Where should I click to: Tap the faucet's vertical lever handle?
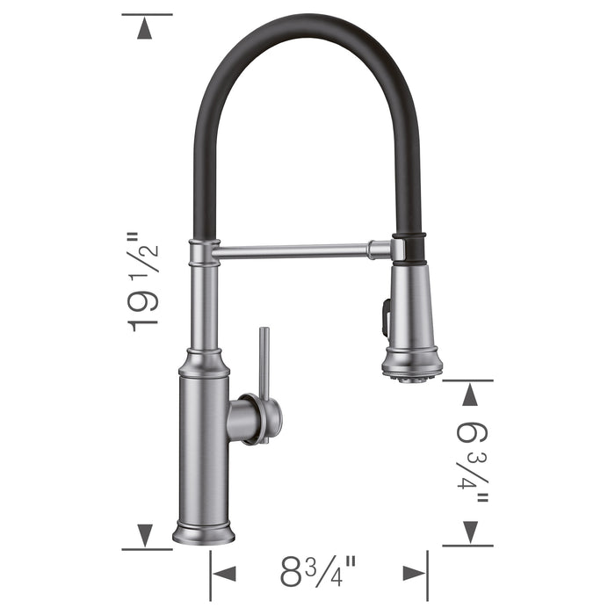point(263,360)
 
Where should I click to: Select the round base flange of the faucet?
point(204,533)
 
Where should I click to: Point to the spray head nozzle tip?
point(410,376)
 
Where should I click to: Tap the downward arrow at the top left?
point(146,28)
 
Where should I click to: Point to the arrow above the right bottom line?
point(471,531)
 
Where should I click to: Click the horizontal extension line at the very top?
point(147,15)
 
